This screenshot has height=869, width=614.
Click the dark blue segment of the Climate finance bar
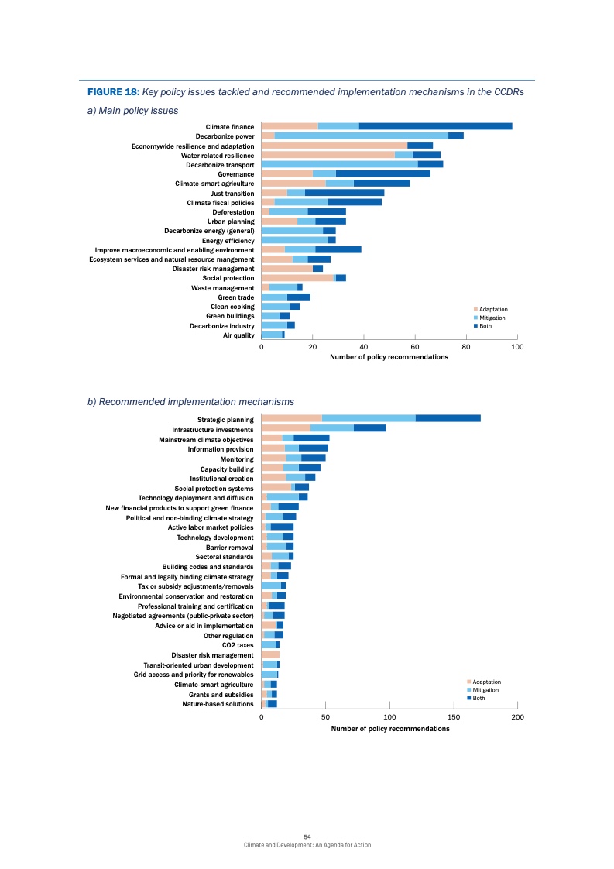click(435, 126)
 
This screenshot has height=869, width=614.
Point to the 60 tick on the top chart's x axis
click(415, 348)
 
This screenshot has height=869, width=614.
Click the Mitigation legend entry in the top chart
click(492, 318)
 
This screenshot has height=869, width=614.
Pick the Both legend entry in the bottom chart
click(481, 699)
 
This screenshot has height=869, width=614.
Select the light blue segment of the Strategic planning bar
click(369, 418)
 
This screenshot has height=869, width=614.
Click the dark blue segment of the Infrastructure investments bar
click(369, 428)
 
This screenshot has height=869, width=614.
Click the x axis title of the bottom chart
click(389, 729)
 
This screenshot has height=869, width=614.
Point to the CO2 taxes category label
click(238, 645)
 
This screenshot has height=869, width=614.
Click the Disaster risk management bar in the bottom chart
click(270, 654)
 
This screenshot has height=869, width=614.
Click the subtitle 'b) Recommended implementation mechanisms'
click(190, 402)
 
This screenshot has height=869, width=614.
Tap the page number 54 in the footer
click(307, 837)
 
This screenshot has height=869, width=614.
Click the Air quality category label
click(238, 335)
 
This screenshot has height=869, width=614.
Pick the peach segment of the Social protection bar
click(297, 278)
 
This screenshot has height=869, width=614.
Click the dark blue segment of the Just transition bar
click(345, 192)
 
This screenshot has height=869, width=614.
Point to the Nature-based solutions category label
click(218, 704)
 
